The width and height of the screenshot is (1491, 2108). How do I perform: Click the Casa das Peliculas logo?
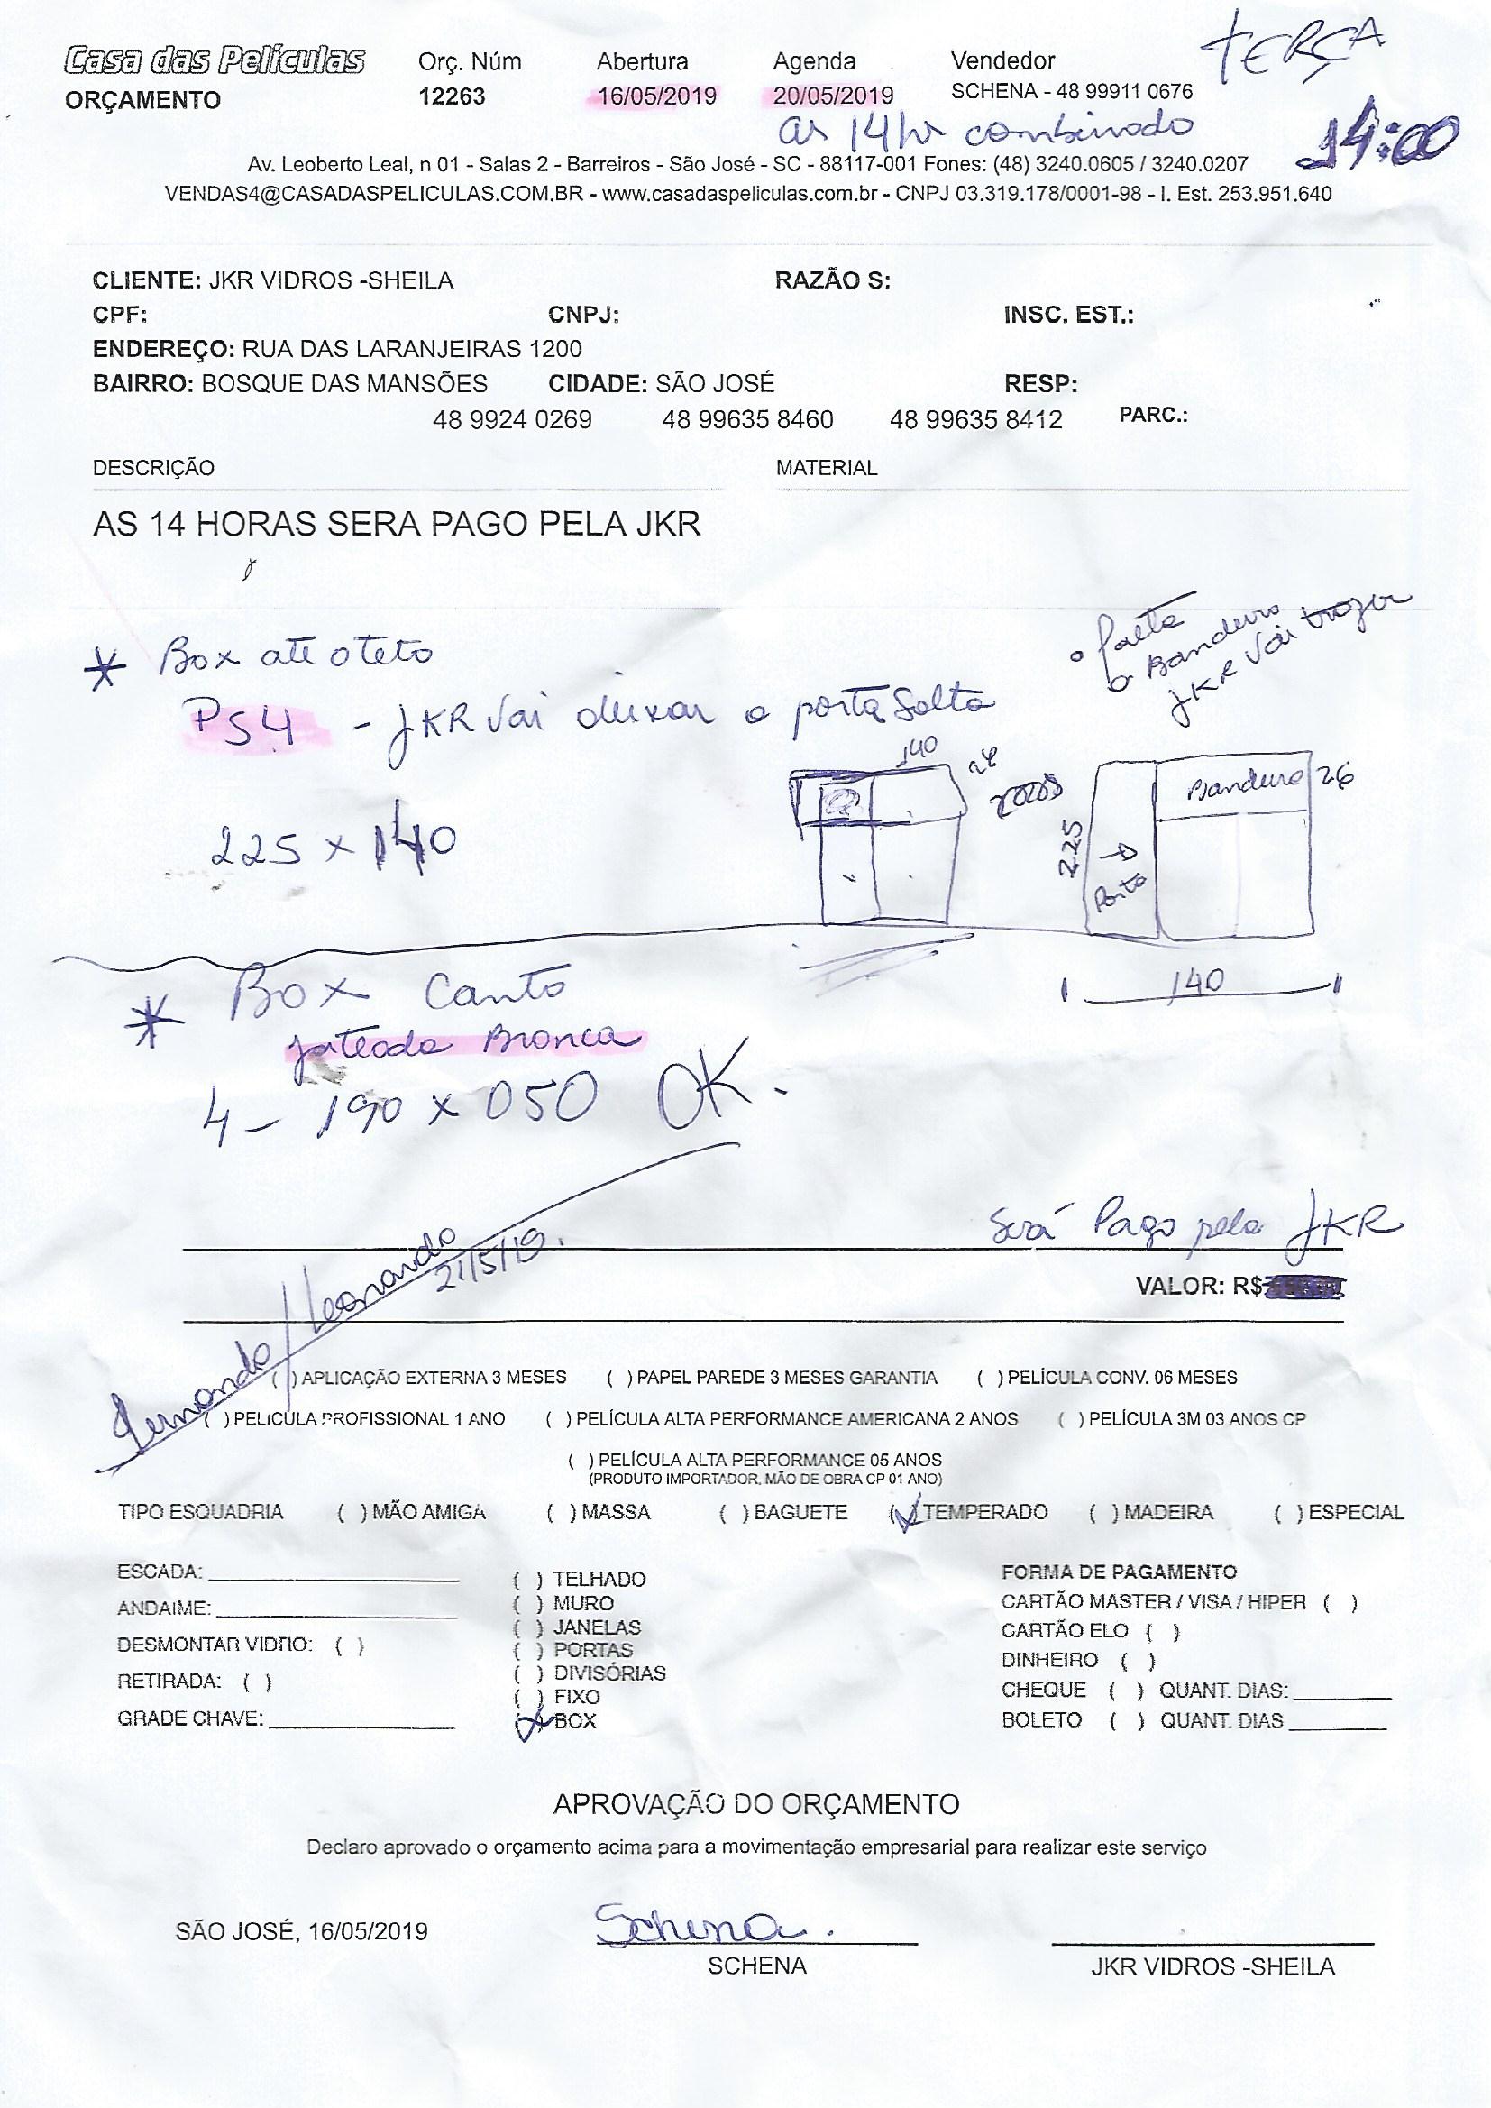(215, 61)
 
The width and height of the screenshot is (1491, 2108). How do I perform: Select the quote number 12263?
(452, 96)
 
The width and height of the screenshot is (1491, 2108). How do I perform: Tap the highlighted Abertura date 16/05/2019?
(657, 96)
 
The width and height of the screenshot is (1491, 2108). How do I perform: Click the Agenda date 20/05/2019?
(834, 96)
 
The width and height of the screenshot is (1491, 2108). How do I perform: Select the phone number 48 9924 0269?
(512, 420)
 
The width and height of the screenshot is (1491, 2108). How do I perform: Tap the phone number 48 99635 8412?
(976, 420)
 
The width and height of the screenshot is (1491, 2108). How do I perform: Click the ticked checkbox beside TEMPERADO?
(906, 1512)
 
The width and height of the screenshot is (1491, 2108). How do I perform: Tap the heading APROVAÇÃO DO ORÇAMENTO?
(756, 1804)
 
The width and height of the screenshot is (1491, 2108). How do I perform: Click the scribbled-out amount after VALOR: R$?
(1304, 1287)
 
